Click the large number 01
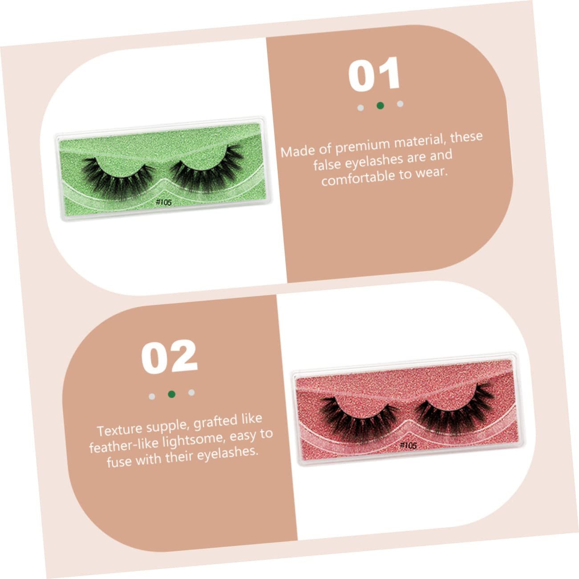[374, 74]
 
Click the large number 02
[170, 356]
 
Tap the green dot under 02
[172, 394]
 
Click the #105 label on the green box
[164, 202]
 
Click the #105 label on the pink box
[408, 445]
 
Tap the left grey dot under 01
[360, 108]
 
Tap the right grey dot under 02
[191, 393]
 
